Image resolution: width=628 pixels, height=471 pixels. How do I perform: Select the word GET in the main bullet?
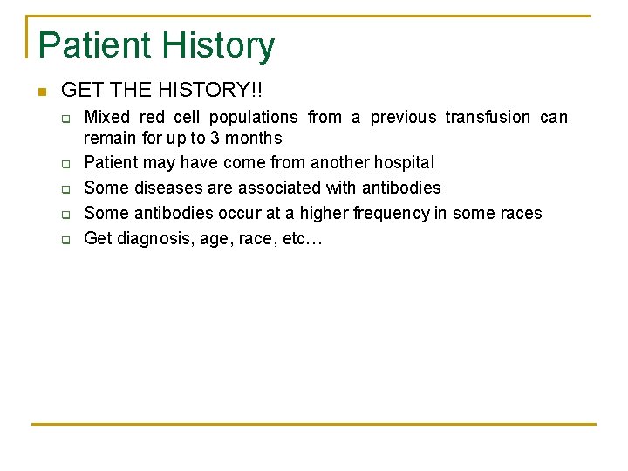click(x=78, y=90)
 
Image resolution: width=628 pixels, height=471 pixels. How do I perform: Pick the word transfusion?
click(x=488, y=117)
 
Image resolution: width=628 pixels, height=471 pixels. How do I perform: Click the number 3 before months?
click(x=215, y=138)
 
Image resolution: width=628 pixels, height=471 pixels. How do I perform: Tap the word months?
click(x=253, y=138)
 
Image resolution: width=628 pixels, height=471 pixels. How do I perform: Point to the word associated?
click(x=280, y=188)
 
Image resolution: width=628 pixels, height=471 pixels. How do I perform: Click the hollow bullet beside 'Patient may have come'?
click(x=65, y=163)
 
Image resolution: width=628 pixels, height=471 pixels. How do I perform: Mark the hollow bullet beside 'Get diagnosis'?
click(x=65, y=239)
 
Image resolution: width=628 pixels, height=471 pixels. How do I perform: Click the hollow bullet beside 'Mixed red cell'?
click(x=65, y=118)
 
